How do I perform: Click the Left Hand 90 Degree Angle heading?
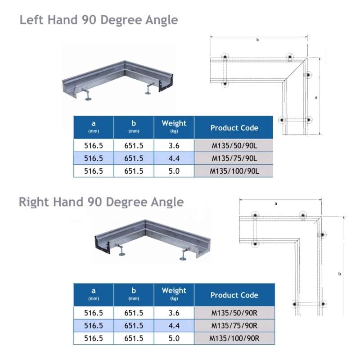coord(99,20)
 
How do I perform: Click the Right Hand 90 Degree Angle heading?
coord(101,202)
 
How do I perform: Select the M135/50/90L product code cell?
coord(234,146)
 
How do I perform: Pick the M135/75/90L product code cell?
coord(234,158)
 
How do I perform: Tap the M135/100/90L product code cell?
coord(234,171)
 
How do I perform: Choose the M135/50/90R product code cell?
coord(234,313)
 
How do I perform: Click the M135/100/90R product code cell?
coord(234,338)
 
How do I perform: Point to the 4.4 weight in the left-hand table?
coord(174,158)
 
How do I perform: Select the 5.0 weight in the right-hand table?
coord(174,338)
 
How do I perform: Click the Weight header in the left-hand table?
coord(174,126)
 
